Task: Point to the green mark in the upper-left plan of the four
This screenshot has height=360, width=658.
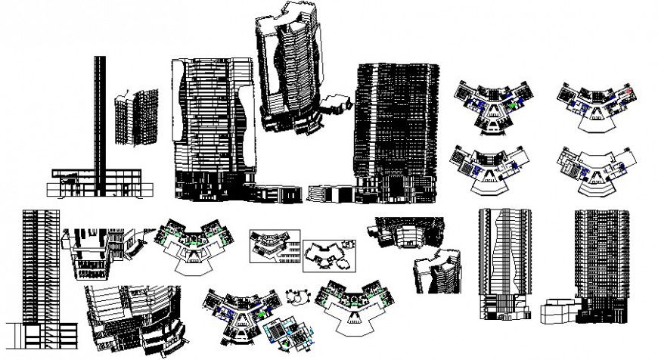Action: point(514,107)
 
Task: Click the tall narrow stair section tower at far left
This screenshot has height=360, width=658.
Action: point(39,272)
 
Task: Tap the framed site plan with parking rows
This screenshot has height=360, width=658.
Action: point(275,246)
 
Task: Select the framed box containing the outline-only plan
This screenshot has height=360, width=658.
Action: point(329,257)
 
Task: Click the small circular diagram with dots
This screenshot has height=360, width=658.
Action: point(295,296)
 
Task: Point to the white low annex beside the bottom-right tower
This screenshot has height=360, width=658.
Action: point(559,312)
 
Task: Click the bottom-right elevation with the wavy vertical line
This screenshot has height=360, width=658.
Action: point(503,265)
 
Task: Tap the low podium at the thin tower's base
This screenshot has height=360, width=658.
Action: point(95,183)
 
